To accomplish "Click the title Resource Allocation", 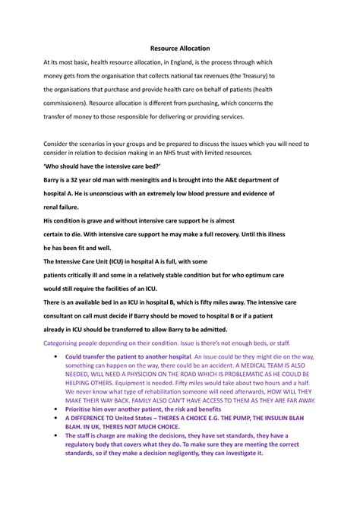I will tap(179, 48).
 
